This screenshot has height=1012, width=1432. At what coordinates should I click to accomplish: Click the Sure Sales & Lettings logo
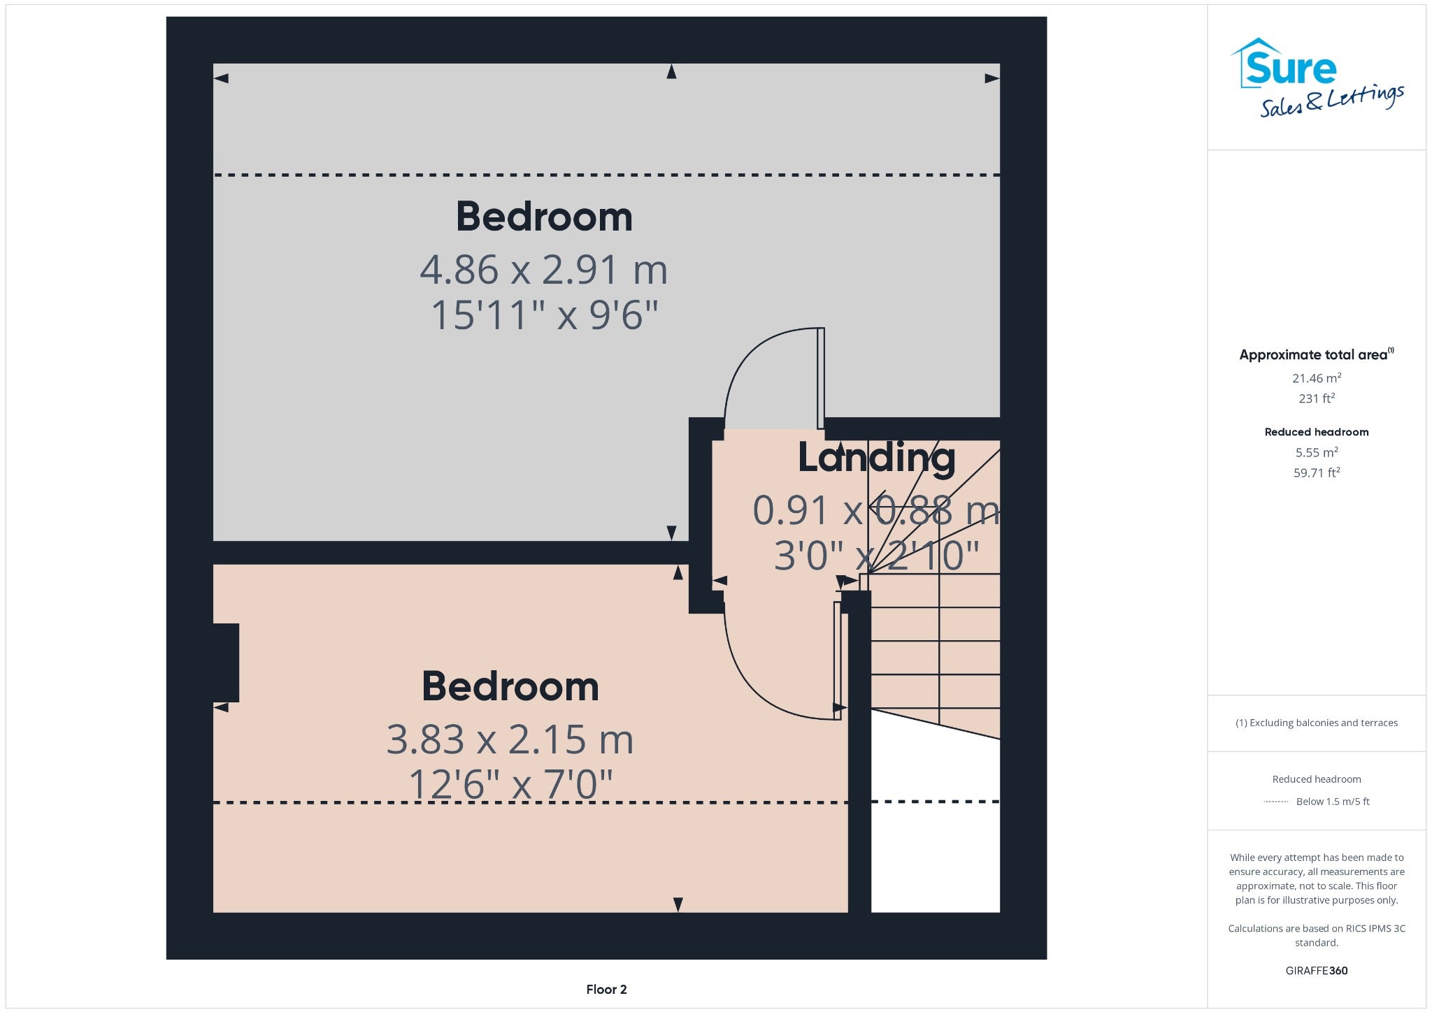[1317, 78]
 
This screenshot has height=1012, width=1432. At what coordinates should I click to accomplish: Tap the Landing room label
[876, 458]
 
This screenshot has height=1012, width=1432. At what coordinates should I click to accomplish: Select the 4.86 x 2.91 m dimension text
[543, 270]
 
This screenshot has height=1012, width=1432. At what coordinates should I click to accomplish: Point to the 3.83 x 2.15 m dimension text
[510, 739]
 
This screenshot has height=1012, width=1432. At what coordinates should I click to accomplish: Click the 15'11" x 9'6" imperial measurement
[544, 315]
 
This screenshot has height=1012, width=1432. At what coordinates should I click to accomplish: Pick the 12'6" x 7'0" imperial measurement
[510, 784]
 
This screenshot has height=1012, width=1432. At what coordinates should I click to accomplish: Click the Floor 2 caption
[606, 990]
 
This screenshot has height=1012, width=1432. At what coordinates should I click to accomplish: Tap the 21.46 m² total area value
[1317, 378]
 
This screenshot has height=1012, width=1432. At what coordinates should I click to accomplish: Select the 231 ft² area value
[1317, 398]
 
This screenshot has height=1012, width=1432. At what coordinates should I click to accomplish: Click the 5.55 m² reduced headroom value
[1317, 452]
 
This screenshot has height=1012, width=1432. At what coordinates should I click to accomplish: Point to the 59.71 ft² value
[1317, 472]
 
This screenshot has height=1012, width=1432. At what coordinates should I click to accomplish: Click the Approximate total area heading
[1317, 354]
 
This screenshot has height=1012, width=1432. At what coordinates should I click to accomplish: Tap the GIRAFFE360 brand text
[1317, 971]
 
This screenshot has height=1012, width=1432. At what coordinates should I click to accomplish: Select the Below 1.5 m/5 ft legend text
[1333, 802]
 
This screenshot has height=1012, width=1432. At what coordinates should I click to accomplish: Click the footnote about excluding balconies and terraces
[1317, 723]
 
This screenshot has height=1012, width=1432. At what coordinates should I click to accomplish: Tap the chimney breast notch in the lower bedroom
[226, 663]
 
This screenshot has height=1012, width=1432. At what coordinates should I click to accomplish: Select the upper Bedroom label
[544, 217]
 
